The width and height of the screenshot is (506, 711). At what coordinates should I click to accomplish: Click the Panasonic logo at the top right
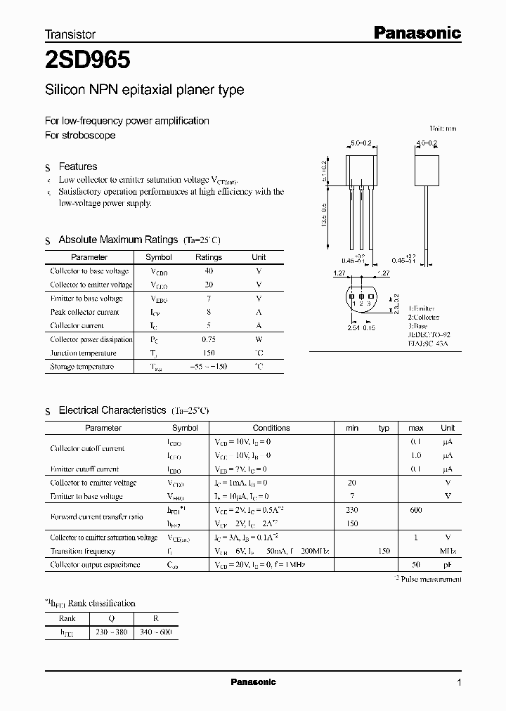point(416,32)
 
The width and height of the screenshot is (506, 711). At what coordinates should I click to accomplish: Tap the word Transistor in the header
point(70,34)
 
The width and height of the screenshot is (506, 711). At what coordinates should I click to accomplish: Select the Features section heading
point(77,167)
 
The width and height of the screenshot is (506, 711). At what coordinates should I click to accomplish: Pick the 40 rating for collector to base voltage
point(209,271)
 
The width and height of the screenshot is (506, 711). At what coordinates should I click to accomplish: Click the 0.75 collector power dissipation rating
point(209,339)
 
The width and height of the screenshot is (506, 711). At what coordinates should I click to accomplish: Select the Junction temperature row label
point(83,353)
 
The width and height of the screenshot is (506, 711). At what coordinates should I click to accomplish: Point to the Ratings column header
point(209,257)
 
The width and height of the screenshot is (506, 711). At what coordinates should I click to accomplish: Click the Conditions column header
point(271,428)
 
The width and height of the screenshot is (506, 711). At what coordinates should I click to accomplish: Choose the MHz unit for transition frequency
point(448,552)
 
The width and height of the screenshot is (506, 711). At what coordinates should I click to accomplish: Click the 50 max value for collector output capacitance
point(416,565)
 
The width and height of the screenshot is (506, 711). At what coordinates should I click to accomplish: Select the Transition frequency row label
point(84,552)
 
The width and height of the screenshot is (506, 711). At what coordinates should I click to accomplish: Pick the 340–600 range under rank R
point(157,632)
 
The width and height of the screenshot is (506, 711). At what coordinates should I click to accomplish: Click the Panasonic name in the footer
point(254,682)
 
